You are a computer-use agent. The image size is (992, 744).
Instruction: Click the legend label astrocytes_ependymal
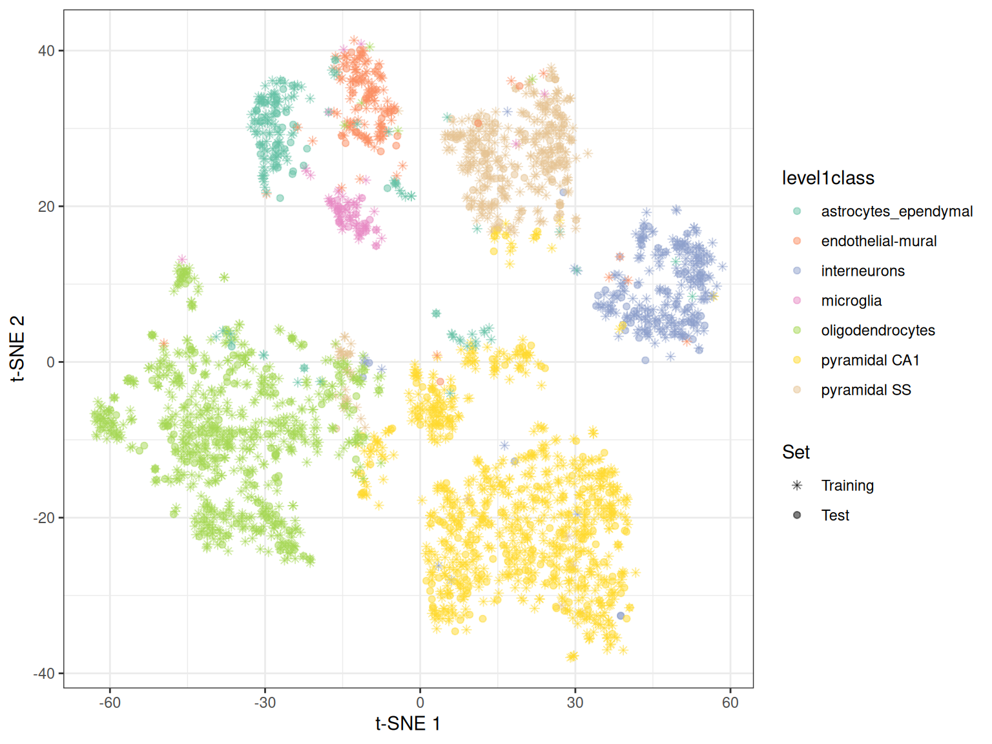click(x=896, y=211)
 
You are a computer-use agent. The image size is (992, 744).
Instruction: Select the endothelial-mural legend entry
click(x=878, y=241)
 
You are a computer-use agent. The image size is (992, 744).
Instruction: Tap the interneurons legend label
click(x=862, y=271)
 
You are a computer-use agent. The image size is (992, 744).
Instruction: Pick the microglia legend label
click(x=851, y=300)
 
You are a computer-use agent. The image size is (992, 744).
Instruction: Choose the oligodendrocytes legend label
click(x=878, y=330)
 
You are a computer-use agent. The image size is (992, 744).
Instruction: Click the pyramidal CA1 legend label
click(x=870, y=360)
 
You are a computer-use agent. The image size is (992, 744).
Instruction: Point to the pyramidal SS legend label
click(x=865, y=389)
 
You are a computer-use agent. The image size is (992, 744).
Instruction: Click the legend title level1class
click(x=827, y=178)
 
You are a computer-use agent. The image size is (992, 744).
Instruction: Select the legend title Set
click(x=795, y=452)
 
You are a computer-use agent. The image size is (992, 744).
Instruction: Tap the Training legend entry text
click(x=847, y=485)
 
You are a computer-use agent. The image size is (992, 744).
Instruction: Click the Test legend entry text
click(x=834, y=515)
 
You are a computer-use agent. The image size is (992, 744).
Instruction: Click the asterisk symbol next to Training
click(x=797, y=485)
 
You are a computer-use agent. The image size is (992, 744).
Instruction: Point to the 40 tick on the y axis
click(x=46, y=50)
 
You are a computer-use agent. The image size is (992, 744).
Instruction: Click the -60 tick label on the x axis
click(x=110, y=702)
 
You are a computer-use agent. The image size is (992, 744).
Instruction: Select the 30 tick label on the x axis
click(x=575, y=702)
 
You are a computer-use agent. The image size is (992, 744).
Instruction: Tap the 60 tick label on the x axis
click(x=730, y=702)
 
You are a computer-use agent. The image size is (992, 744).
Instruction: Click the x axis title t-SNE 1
click(x=408, y=723)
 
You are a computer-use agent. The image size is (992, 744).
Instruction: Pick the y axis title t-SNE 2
click(x=17, y=349)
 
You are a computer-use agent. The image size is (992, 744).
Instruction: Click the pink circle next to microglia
click(x=797, y=300)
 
